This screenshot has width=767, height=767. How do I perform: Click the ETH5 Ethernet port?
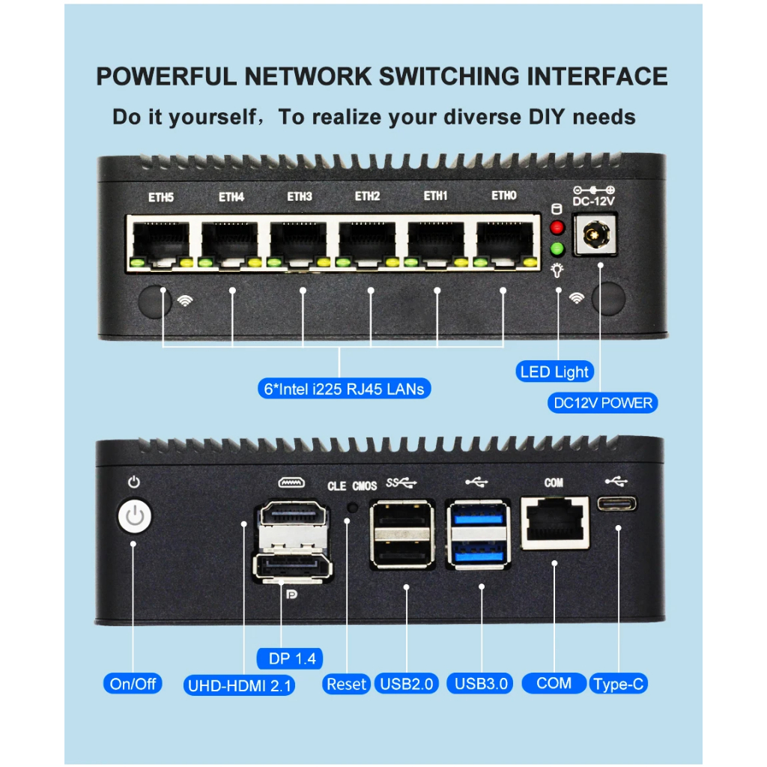(x=160, y=242)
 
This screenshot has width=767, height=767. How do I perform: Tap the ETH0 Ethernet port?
(x=504, y=242)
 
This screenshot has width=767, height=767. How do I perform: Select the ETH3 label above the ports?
(x=300, y=197)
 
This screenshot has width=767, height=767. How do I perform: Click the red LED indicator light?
(x=557, y=228)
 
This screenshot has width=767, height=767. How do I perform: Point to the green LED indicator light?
(x=557, y=249)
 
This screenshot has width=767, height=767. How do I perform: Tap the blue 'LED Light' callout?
(x=554, y=372)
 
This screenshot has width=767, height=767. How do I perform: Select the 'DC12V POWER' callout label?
(x=602, y=403)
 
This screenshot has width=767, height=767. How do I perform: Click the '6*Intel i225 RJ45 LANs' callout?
(x=339, y=389)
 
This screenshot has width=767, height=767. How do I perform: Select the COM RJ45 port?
(x=554, y=522)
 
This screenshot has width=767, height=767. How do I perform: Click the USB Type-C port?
(x=618, y=503)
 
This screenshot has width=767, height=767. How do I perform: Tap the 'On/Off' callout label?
(x=133, y=683)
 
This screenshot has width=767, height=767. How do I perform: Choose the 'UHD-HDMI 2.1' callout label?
(x=240, y=685)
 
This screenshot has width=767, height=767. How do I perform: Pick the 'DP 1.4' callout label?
(x=291, y=658)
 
